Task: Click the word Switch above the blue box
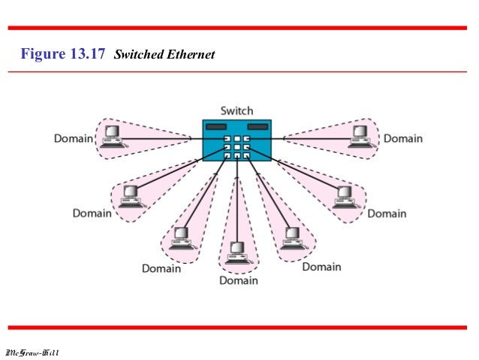[236, 111]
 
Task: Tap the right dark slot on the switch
[258, 127]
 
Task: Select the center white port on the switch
[236, 147]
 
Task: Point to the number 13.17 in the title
[89, 54]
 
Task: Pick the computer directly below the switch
[237, 251]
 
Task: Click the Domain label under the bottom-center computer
[238, 280]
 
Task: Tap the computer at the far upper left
[113, 136]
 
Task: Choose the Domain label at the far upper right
[403, 138]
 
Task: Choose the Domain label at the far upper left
[73, 139]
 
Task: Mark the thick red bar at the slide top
[239, 29]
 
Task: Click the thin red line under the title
[239, 72]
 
